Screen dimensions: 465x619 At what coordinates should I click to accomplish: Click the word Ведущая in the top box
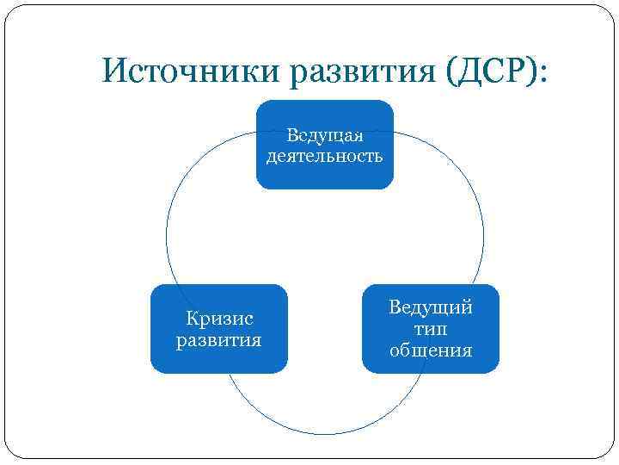pos(325,136)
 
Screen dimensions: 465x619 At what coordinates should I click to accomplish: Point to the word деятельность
pos(325,156)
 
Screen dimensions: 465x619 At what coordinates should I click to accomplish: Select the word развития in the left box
pos(218,339)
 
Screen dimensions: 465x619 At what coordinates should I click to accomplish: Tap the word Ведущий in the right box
pos(431,308)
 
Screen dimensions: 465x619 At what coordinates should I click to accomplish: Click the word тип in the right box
pos(431,329)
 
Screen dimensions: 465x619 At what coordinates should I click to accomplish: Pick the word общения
pos(431,350)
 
